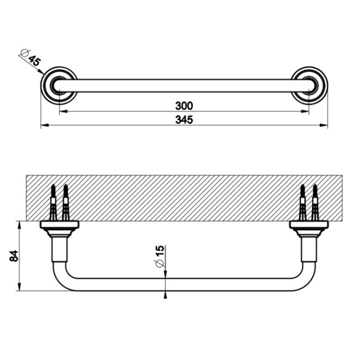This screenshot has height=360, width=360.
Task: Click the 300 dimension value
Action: [183, 105]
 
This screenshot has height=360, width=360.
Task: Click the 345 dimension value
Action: [183, 119]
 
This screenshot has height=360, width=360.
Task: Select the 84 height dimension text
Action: [14, 255]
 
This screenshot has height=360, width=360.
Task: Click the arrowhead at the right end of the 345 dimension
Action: [324, 126]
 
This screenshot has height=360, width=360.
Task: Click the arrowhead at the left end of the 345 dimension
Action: [43, 126]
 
